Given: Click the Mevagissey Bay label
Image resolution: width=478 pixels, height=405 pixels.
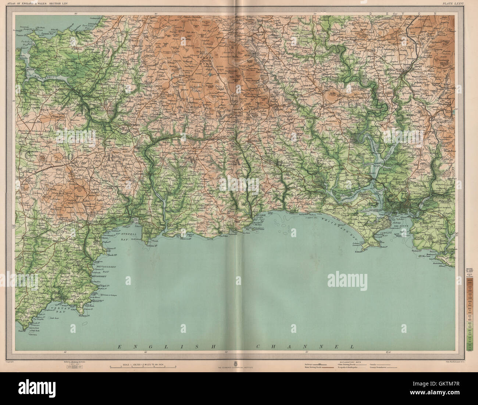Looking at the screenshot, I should coord(99,268).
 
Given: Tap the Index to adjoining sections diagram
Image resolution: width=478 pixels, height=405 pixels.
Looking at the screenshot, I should coord(73,366).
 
